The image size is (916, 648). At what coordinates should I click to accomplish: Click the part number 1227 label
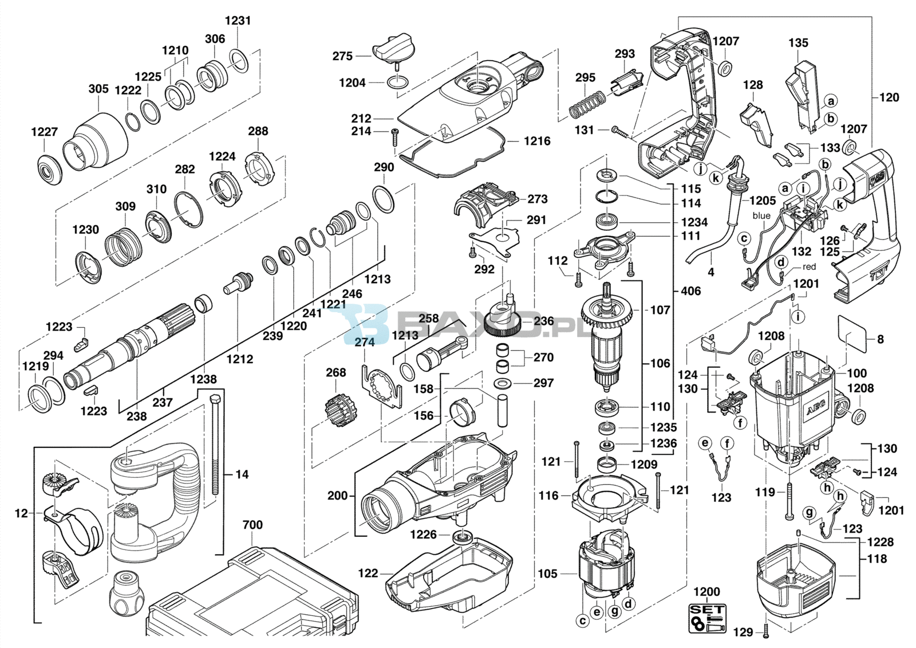44,132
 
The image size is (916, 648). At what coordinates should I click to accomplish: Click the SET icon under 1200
706,618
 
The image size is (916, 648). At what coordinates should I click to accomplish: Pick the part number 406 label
690,291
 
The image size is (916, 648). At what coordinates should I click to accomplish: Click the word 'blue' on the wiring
761,216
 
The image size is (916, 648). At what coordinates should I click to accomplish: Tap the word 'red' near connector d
809,266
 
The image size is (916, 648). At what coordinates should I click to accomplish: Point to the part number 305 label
98,89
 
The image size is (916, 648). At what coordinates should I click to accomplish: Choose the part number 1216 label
536,141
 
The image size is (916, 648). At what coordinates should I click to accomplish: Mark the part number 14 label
242,474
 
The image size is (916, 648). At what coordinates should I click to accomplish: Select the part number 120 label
889,97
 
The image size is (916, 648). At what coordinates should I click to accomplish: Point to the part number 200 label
338,495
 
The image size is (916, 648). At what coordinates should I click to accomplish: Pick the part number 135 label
798,42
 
